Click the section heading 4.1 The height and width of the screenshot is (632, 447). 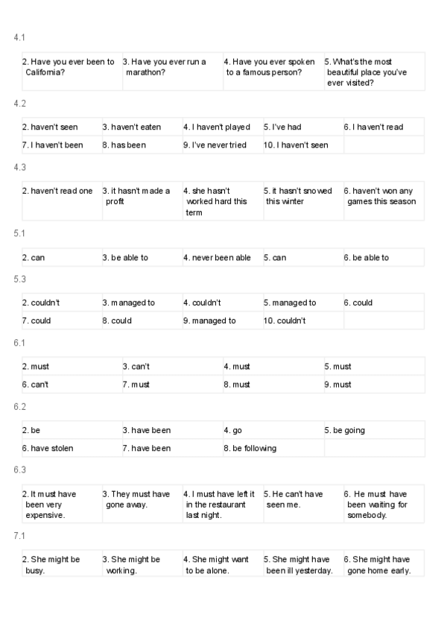(20, 37)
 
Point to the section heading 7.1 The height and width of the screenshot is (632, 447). (20, 535)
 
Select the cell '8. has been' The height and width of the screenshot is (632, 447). (124, 145)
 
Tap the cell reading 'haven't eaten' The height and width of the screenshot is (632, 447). (136, 127)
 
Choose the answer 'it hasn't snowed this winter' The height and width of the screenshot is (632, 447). (298, 196)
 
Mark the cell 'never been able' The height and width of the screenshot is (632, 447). (221, 258)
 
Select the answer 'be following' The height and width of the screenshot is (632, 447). (254, 448)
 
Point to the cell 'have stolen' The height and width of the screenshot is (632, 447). (51, 448)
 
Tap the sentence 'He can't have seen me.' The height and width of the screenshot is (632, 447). (297, 499)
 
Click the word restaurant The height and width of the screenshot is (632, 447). (222, 505)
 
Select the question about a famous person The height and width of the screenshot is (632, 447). (267, 67)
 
